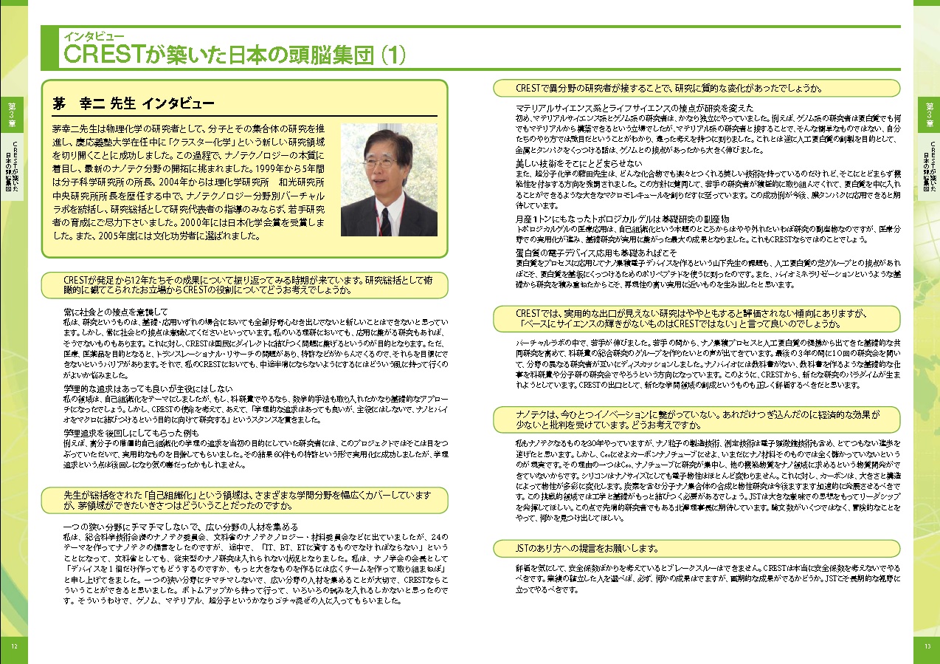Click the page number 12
pyautogui.click(x=13, y=645)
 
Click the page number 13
pyautogui.click(x=927, y=645)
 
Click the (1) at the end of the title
pyautogui.click(x=390, y=55)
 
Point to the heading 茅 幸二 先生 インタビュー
pyautogui.click(x=134, y=103)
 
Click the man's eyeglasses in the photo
pyautogui.click(x=379, y=160)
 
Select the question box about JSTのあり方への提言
pyautogui.click(x=697, y=549)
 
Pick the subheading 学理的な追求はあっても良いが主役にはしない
pyautogui.click(x=148, y=389)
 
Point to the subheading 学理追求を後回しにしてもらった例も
pyautogui.click(x=133, y=432)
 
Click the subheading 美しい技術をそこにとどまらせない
pyautogui.click(x=579, y=162)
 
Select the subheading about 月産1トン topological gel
pyautogui.click(x=623, y=219)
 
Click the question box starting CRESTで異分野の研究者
pyautogui.click(x=697, y=88)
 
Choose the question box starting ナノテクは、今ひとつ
pyautogui.click(x=697, y=420)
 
